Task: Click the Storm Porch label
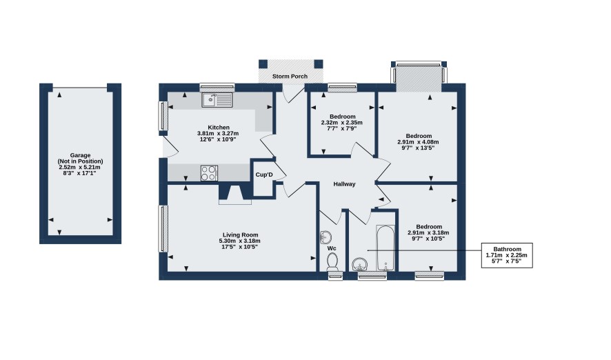(290, 77)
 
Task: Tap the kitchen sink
(217, 100)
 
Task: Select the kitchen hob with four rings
(209, 173)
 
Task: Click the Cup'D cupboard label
(264, 175)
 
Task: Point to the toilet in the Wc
(332, 261)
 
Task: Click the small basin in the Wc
(325, 237)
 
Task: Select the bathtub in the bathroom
(385, 248)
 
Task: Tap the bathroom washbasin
(360, 265)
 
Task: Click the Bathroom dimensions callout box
(507, 255)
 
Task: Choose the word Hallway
(345, 184)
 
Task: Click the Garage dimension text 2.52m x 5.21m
(79, 167)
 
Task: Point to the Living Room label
(241, 235)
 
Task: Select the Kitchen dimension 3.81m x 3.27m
(218, 133)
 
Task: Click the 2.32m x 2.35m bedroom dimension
(342, 122)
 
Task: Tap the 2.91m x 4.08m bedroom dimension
(418, 142)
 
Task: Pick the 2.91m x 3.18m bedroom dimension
(428, 232)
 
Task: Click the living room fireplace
(235, 194)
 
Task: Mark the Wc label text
(332, 248)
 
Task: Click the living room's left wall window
(163, 228)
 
